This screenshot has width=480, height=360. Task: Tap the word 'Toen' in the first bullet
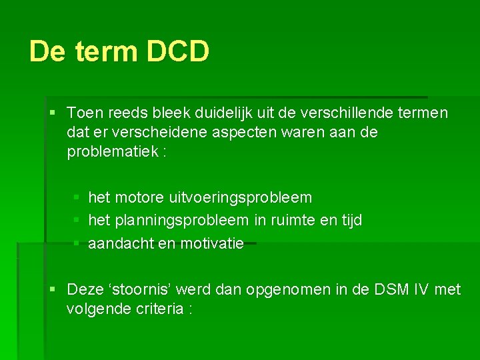[85, 113]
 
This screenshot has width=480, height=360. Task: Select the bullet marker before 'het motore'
[77, 198]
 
